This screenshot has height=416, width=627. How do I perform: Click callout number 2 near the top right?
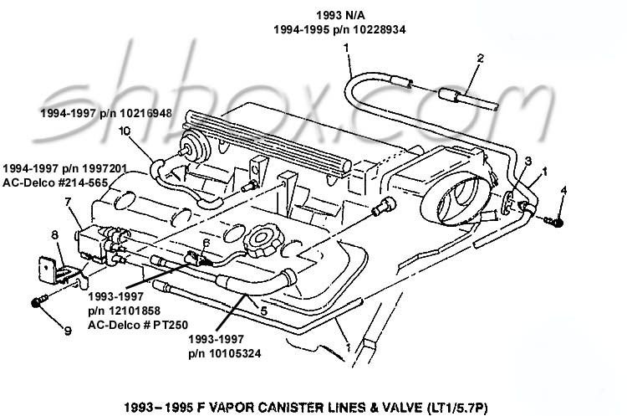coord(481,59)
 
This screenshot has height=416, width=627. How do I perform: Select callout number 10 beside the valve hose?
coord(125,131)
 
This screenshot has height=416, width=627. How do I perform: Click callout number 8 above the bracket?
coord(55,234)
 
